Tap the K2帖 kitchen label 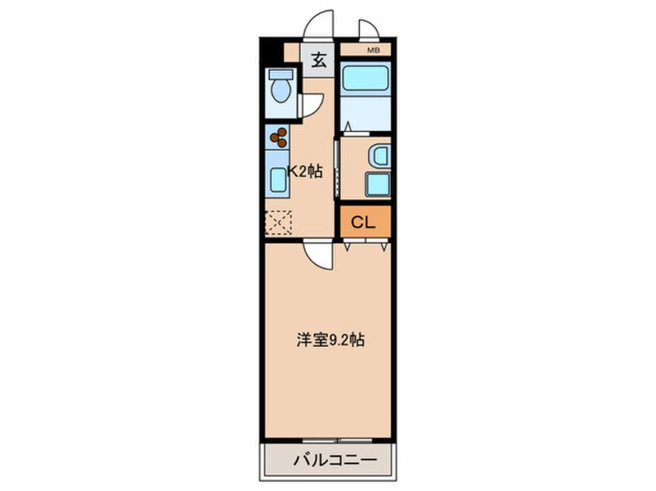pyautogui.click(x=305, y=173)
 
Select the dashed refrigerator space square pyautogui.click(x=277, y=223)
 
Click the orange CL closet pyautogui.click(x=363, y=221)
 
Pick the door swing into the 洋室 pyautogui.click(x=318, y=252)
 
